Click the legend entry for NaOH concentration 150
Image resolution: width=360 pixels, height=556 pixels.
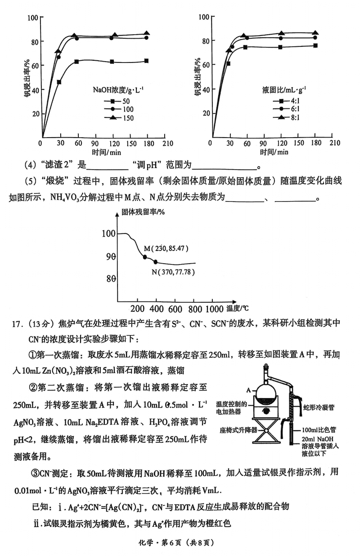click(x=119, y=118)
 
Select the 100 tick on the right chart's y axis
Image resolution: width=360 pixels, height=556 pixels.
click(x=203, y=17)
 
